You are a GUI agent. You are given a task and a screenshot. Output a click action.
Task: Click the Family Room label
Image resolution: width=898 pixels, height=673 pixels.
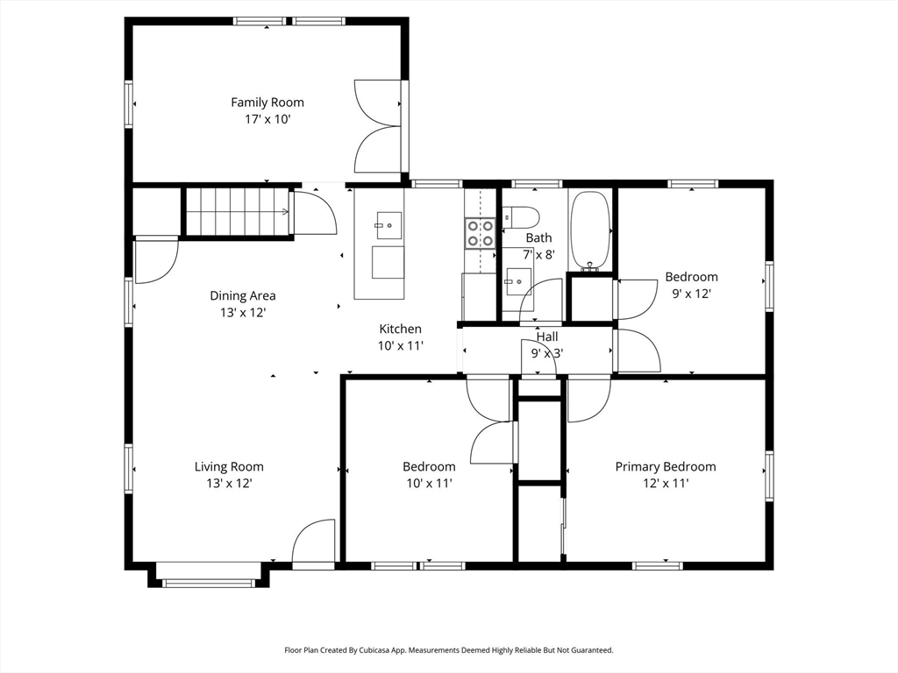[x=267, y=103]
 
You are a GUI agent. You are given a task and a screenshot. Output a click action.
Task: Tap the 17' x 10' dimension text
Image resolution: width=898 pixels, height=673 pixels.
[x=267, y=119]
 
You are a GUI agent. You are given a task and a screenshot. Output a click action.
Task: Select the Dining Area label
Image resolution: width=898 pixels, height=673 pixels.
[x=243, y=296]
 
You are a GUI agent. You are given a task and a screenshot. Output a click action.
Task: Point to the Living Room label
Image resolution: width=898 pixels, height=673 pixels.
[x=229, y=467]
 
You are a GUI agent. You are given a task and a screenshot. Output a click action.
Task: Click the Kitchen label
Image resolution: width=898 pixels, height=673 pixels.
[x=400, y=329]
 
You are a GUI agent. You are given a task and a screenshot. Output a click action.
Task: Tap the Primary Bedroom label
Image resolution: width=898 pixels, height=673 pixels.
[x=666, y=467]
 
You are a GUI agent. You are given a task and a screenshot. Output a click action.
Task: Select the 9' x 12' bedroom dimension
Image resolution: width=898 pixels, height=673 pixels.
[x=691, y=294]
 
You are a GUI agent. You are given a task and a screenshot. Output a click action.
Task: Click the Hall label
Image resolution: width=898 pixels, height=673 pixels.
[x=547, y=337]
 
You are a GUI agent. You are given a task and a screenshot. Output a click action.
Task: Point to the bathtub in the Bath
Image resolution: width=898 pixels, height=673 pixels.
[x=590, y=230]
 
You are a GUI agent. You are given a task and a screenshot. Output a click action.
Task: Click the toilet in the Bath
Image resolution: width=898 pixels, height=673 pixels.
[x=521, y=217]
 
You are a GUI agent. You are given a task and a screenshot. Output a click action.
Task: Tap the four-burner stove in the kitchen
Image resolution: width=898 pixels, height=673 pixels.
[x=480, y=233]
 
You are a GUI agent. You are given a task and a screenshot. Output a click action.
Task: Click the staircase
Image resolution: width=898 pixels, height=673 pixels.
[x=237, y=211]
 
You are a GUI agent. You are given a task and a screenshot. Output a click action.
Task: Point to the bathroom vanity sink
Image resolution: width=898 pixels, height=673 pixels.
[x=517, y=281]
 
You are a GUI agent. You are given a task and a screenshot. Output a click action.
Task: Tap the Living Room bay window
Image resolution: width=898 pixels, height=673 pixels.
[x=209, y=583]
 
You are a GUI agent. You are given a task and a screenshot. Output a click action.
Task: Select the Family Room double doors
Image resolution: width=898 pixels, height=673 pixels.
[x=377, y=126]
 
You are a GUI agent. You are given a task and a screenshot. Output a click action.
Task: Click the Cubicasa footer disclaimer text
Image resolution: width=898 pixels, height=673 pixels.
[x=449, y=650]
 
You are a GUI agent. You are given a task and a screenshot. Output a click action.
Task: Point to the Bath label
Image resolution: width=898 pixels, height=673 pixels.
[x=539, y=238]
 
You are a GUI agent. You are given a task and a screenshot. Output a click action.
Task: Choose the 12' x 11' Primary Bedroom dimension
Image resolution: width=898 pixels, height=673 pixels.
[x=666, y=484]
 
